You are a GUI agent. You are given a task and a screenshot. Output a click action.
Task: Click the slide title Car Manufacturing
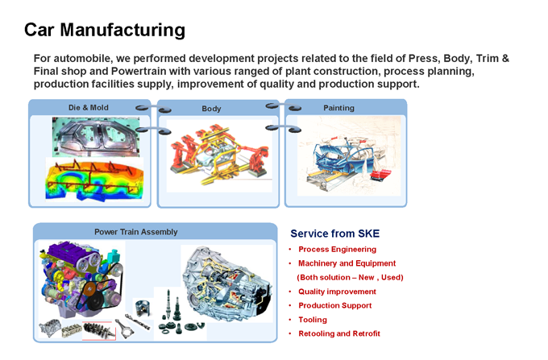[105, 30]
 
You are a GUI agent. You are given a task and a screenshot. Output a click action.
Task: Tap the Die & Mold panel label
[89, 108]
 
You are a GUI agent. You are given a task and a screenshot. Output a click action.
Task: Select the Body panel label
[211, 109]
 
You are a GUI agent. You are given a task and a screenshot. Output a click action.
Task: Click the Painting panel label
[338, 108]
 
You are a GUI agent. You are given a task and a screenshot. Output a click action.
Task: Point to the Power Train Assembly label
[136, 232]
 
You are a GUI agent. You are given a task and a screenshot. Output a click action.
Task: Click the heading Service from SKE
[334, 234]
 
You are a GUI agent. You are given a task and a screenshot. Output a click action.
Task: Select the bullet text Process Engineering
[337, 250]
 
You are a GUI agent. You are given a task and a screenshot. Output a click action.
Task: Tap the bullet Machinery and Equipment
[347, 263]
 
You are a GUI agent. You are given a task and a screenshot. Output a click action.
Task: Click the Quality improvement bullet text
[337, 292]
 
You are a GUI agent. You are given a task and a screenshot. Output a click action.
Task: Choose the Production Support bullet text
[334, 305]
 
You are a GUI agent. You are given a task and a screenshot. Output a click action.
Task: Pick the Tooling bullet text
[313, 320]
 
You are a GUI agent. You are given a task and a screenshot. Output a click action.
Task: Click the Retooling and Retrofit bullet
[339, 333]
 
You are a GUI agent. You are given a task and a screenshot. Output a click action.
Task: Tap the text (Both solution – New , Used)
[350, 277]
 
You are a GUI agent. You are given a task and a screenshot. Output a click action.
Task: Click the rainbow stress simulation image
[94, 180]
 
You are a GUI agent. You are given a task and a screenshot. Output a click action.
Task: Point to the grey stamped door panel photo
[96, 137]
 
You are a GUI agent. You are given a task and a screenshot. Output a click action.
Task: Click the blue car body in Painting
[344, 155]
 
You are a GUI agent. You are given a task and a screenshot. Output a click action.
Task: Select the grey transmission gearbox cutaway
[226, 283]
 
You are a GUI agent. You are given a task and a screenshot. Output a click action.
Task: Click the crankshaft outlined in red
[99, 330]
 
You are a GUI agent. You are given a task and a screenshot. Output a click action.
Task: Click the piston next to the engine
[143, 308]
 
